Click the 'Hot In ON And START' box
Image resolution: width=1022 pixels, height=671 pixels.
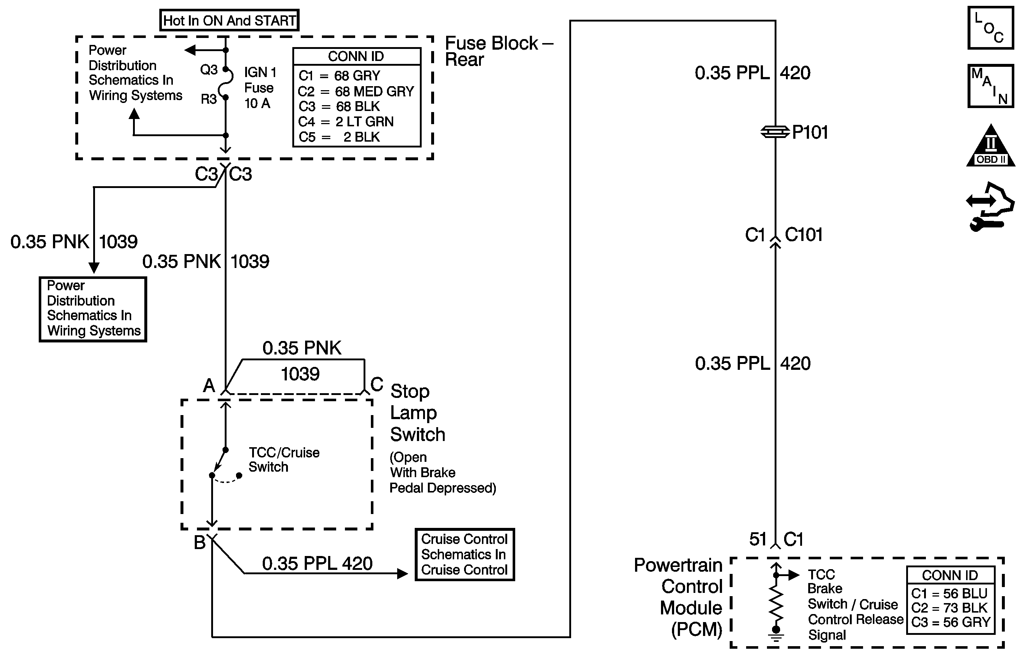coord(229,20)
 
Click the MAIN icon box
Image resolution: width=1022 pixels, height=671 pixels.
coord(990,86)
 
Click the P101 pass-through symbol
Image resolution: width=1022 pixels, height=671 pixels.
coord(775,132)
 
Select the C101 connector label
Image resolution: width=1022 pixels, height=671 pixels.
coord(803,235)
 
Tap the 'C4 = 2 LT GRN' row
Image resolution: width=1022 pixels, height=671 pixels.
coord(346,122)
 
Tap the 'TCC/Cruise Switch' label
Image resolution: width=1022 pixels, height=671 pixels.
coord(284,460)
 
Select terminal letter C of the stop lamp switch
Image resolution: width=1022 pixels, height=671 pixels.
coord(377,384)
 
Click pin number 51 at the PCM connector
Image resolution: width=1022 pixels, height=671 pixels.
coord(758,539)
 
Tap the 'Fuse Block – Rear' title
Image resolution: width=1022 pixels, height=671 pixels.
coord(498,51)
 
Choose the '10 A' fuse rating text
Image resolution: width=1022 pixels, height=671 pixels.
coord(257,103)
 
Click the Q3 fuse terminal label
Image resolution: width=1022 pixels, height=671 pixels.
coord(209,69)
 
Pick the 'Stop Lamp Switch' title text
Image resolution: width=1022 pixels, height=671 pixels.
coord(417,413)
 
